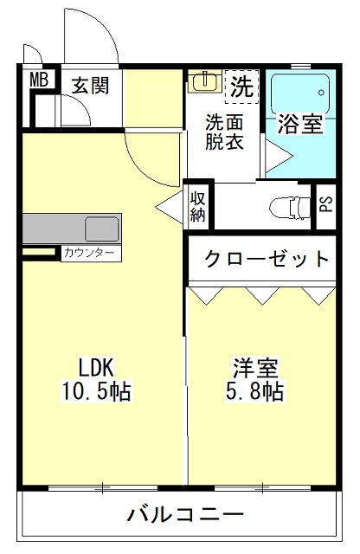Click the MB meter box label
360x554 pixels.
point(39,80)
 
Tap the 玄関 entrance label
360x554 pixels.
point(91,86)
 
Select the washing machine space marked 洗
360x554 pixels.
point(242,87)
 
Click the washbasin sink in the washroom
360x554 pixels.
point(204,81)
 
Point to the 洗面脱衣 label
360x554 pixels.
point(225,132)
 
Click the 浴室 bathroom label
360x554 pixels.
point(300,124)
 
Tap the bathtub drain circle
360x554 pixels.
point(321,93)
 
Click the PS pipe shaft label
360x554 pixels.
point(326,204)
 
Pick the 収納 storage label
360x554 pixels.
point(198,207)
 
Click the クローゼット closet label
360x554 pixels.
point(267,259)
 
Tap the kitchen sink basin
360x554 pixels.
point(101,229)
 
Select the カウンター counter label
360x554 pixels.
point(90,253)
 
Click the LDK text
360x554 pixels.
point(96,368)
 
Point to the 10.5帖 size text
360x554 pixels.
point(96,391)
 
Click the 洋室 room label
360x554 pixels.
point(256,368)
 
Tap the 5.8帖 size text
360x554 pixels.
point(254,390)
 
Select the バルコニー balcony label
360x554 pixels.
point(185,514)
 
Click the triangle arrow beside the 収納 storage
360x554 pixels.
point(170,207)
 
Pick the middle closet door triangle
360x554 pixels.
point(262,296)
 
